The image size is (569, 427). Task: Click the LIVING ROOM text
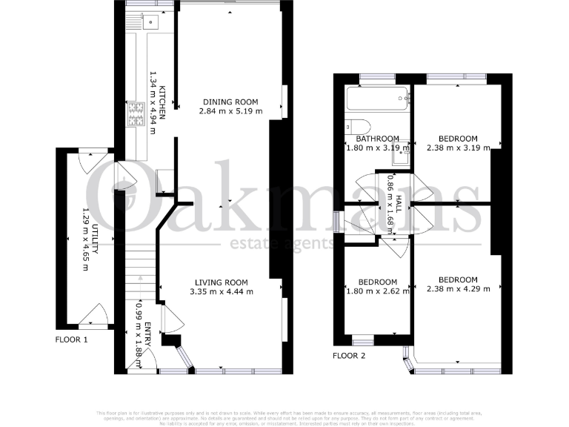pyautogui.click(x=221, y=282)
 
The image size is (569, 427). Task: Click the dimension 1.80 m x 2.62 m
pyautogui.click(x=378, y=291)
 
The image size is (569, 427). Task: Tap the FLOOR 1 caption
pyautogui.click(x=72, y=340)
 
